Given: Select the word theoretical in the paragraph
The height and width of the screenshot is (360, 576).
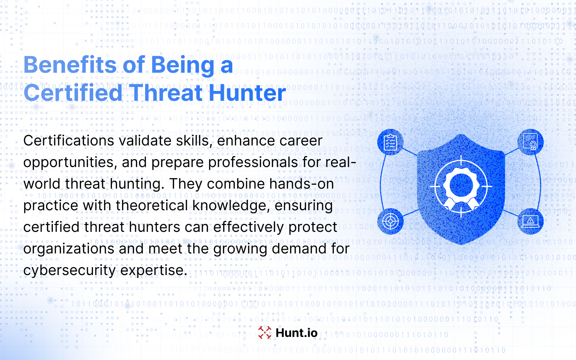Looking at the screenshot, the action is pos(152,206).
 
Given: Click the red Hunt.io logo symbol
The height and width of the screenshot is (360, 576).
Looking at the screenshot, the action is pos(265,333).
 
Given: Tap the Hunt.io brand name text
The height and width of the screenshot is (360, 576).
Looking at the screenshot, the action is pos(297,333).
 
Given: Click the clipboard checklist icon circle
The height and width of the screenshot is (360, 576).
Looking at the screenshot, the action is pos(390,142).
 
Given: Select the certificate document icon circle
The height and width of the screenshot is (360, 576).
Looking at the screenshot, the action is pos(531,142).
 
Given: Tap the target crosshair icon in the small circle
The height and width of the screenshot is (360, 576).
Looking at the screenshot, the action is pos(390,221).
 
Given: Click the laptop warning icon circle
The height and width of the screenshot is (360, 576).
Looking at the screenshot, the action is pos(531,221).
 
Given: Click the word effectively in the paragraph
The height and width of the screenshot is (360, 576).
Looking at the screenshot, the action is pos(248,227).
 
